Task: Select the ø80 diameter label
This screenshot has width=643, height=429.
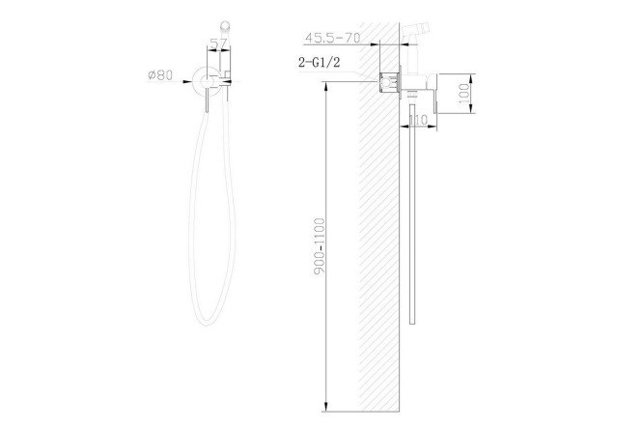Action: [x=160, y=75]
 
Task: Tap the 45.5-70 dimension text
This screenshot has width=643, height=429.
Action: [x=332, y=38]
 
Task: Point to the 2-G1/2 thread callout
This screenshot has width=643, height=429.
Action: [x=320, y=63]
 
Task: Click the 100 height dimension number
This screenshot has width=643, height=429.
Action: [x=463, y=93]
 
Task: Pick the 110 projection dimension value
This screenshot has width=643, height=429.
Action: [x=417, y=120]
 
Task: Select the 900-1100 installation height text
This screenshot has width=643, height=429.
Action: [x=319, y=246]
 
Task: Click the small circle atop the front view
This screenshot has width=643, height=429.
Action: [x=225, y=24]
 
